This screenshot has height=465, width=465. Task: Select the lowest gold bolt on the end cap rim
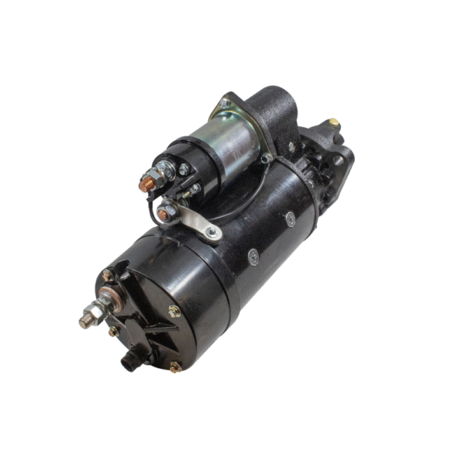pos(175,367)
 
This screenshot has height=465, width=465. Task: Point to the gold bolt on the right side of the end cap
pos(174,311)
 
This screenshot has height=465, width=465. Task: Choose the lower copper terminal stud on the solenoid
pos(164,210)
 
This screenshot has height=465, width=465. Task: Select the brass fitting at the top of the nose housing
pos(333,122)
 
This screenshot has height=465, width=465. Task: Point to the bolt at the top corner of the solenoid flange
pos(224,102)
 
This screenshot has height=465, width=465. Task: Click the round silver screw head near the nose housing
pos(290,219)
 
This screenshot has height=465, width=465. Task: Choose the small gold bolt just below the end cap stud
pos(115,331)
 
